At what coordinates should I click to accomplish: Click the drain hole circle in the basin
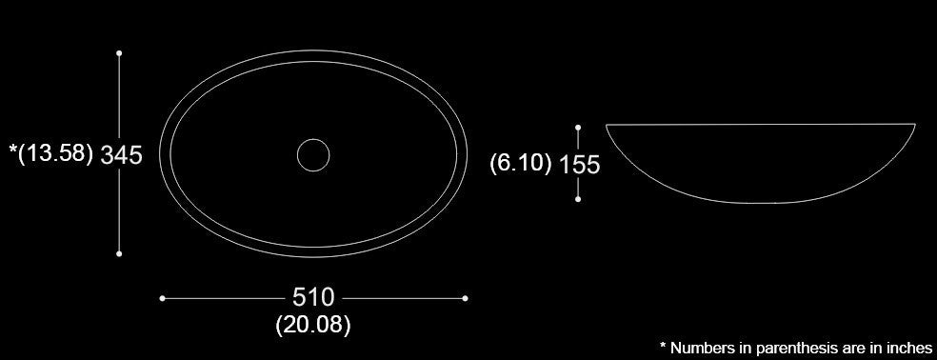(313, 139)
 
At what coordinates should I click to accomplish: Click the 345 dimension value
(121, 155)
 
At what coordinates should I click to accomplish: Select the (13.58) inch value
(55, 153)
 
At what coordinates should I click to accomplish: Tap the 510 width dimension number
(313, 297)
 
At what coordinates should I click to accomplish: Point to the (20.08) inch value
(313, 325)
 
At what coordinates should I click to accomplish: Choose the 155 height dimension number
(579, 165)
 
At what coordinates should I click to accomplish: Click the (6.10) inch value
(521, 163)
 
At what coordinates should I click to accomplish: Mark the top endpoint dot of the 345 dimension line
(119, 53)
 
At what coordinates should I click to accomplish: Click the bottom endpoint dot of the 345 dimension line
(119, 253)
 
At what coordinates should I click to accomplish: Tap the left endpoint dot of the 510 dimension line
(162, 298)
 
